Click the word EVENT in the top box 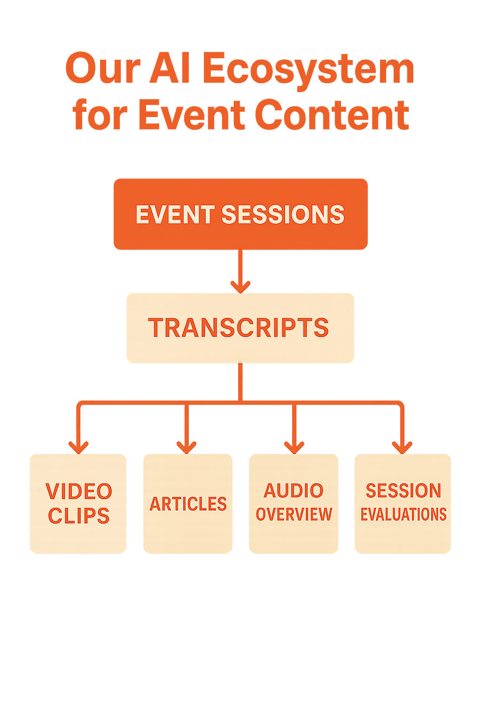point(175,214)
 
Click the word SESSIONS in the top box point(283,214)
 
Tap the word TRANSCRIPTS point(239,328)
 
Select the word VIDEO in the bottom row point(79,492)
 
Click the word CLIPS point(79,516)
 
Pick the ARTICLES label point(188,504)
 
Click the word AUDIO point(294,491)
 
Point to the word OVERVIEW point(294,514)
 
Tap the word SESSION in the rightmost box point(403,491)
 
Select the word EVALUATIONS point(403,514)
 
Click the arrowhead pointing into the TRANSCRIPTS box point(240,286)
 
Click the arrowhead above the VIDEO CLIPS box point(78,447)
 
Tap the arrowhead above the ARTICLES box point(186,447)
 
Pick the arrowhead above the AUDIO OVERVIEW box point(294,447)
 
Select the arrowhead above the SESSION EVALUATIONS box point(402,447)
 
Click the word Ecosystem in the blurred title point(308,70)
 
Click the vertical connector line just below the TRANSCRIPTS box point(240,381)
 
